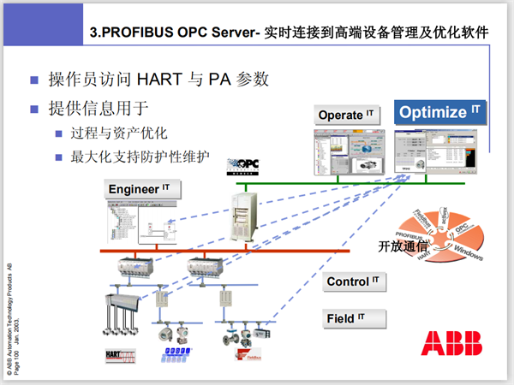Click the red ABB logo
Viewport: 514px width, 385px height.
[451, 342]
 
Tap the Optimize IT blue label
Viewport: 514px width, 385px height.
[440, 112]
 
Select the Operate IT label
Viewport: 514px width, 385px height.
[347, 115]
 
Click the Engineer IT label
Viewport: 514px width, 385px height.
[140, 188]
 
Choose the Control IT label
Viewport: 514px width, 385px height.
[352, 281]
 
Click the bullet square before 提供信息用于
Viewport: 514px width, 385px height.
[35, 109]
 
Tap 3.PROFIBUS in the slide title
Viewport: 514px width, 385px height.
[132, 33]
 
